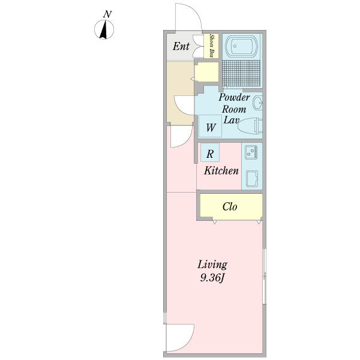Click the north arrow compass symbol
(104, 29)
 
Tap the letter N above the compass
(107, 14)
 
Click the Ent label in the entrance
(181, 46)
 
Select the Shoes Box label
(212, 46)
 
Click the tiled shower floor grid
(242, 73)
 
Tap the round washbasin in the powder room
(257, 103)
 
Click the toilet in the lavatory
(250, 125)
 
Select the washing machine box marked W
(210, 126)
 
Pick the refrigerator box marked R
(210, 152)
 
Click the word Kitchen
(221, 170)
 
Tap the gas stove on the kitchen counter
(251, 152)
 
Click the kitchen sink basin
(251, 179)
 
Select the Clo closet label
(230, 206)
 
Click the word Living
(212, 265)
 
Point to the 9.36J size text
(212, 278)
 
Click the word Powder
(234, 98)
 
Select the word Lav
(232, 120)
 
